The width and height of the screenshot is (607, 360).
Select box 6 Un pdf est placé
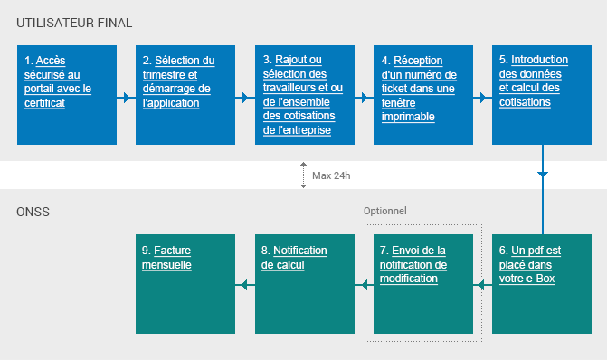(x=541, y=283)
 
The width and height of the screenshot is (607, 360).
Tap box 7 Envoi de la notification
(x=422, y=283)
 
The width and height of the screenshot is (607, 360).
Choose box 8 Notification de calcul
(x=304, y=283)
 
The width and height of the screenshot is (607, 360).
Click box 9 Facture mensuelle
(x=185, y=283)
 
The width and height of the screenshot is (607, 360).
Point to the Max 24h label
(x=331, y=175)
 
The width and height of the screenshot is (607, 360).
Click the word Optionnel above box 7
(x=385, y=211)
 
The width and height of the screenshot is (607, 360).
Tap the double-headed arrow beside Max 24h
(x=303, y=175)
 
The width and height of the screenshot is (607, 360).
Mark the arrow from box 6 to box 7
(x=482, y=285)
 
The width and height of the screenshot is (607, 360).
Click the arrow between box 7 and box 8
(x=364, y=285)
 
